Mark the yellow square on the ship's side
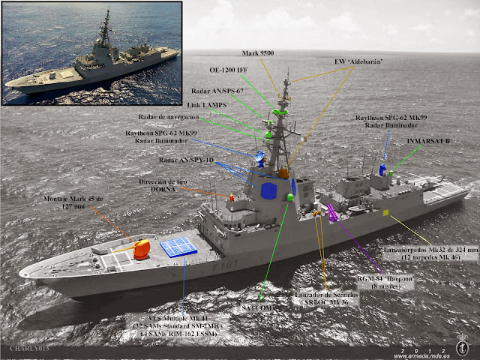pos(386,213)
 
